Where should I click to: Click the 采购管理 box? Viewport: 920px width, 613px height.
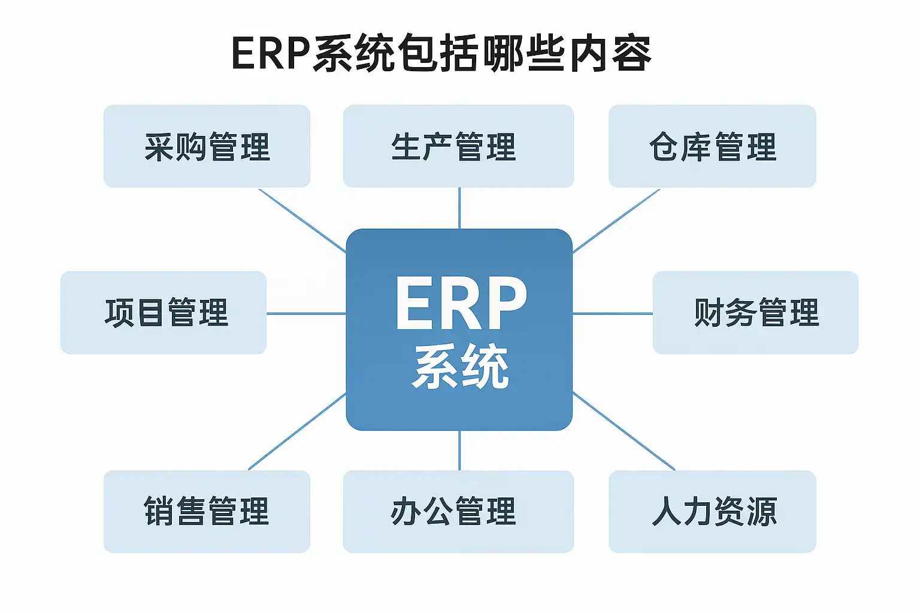click(207, 147)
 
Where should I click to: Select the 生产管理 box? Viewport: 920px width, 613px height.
click(458, 147)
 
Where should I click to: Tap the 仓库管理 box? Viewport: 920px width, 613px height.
click(712, 147)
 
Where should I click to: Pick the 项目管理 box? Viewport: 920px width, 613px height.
click(164, 312)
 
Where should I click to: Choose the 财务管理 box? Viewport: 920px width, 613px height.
click(755, 312)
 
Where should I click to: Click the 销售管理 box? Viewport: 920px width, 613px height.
click(207, 512)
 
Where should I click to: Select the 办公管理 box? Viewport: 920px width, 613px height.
click(458, 512)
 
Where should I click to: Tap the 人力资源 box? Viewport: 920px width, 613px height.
click(712, 512)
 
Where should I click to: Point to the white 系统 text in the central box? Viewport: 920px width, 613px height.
click(460, 366)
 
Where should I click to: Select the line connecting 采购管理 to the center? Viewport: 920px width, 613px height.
click(302, 220)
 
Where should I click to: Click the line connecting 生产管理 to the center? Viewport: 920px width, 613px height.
click(459, 208)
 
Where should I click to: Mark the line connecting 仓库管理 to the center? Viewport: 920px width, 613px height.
click(616, 221)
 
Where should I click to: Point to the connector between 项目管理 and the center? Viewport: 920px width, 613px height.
click(306, 313)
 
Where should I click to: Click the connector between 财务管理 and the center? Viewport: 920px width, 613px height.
click(612, 313)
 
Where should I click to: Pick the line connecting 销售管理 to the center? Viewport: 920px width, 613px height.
click(297, 431)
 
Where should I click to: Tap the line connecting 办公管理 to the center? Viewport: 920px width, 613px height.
click(459, 450)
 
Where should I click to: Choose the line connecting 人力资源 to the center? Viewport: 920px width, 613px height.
click(624, 431)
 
